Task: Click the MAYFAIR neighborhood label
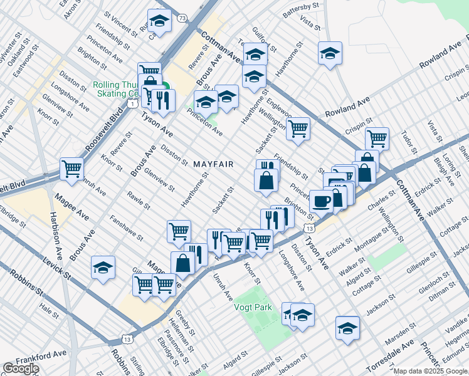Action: [213, 164]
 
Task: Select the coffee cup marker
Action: [322, 202]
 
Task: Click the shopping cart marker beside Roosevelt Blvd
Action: [72, 168]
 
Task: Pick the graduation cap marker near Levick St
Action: [103, 268]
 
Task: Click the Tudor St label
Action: [409, 142]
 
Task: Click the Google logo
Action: [21, 368]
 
